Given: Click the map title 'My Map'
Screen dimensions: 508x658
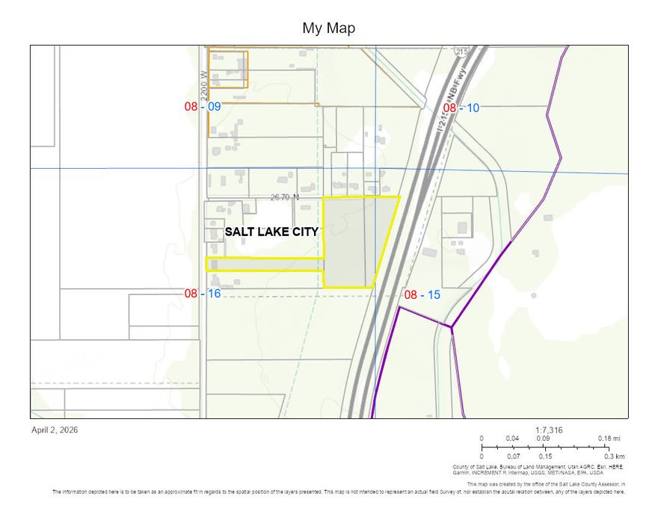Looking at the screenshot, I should (328, 28).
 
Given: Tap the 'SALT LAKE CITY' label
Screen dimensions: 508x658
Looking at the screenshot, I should (272, 232).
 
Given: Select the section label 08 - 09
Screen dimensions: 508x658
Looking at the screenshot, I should (203, 107).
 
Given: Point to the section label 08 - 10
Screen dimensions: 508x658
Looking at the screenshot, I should (461, 108).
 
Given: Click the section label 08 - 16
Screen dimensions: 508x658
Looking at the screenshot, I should (203, 294).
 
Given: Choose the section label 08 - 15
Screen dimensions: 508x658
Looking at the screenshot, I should (422, 295).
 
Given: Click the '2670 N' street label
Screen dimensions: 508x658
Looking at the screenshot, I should (284, 197).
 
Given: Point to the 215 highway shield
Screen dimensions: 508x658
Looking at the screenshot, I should (461, 52).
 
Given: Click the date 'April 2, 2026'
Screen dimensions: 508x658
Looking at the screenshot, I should (55, 430).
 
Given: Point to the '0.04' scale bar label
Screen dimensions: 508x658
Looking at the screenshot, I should (512, 439).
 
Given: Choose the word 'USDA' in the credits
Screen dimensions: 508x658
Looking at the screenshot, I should (596, 473).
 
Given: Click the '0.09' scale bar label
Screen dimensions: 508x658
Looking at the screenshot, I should (544, 439).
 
